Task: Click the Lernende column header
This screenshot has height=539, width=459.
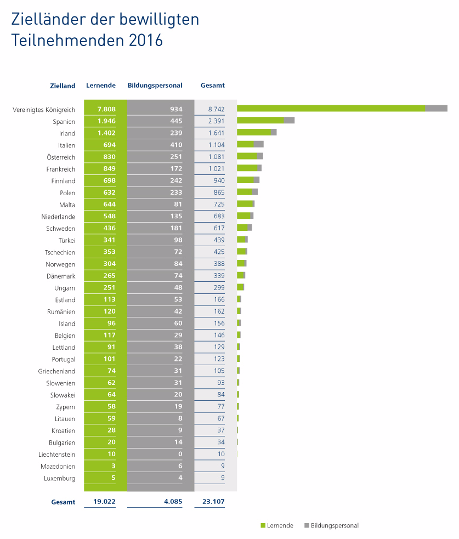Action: (100, 86)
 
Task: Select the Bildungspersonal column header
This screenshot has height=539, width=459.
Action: (155, 86)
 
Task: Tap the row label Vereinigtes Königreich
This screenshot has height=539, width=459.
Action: (44, 110)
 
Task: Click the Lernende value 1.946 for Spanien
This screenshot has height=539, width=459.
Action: (106, 121)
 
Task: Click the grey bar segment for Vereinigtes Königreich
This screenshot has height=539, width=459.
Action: (437, 109)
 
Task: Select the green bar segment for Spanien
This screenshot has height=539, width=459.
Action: (260, 120)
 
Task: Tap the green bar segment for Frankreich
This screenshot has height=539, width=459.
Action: (247, 168)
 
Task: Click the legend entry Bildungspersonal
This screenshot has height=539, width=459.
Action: (334, 526)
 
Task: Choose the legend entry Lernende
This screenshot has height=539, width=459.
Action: (280, 526)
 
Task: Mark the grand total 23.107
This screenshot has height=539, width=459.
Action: (213, 501)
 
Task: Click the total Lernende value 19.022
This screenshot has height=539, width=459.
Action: (104, 501)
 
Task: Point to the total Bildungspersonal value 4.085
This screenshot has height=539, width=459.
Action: (171, 501)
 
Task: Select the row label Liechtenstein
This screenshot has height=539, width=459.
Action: (56, 455)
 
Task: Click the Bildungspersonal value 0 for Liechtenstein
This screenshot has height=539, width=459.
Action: (179, 455)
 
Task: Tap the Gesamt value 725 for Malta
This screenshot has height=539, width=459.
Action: (218, 205)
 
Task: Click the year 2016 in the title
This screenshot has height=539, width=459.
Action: (146, 41)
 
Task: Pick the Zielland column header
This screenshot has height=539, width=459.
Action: (62, 86)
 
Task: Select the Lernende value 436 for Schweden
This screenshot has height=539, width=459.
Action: (109, 229)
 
